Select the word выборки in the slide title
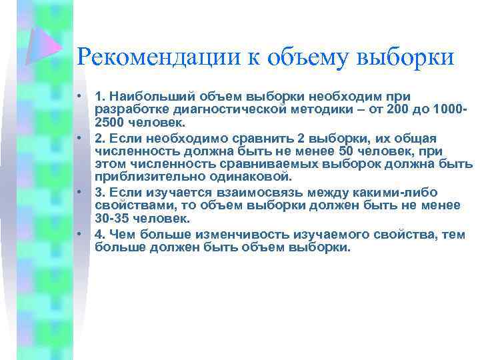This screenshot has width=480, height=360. pos(406,57)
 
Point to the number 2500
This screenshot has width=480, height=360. pos(110,123)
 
